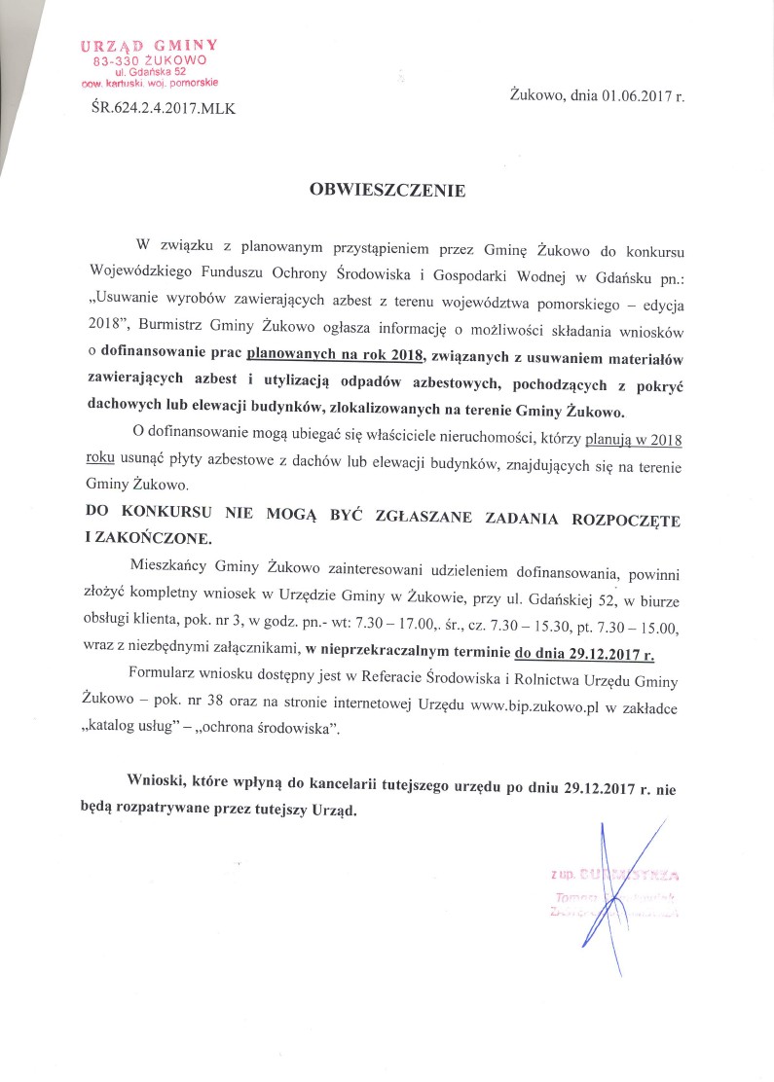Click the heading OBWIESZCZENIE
click(x=387, y=191)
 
